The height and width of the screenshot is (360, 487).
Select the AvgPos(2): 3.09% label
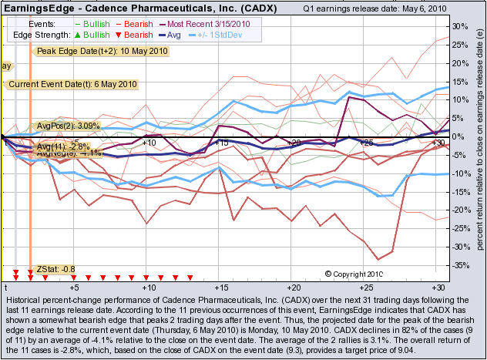pos(69,125)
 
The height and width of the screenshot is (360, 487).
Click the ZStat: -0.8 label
pos(55,269)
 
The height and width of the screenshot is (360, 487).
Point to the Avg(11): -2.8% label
pos(64,145)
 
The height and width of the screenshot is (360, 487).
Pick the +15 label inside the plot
pos(222,143)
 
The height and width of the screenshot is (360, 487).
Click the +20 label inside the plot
pos(294,143)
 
